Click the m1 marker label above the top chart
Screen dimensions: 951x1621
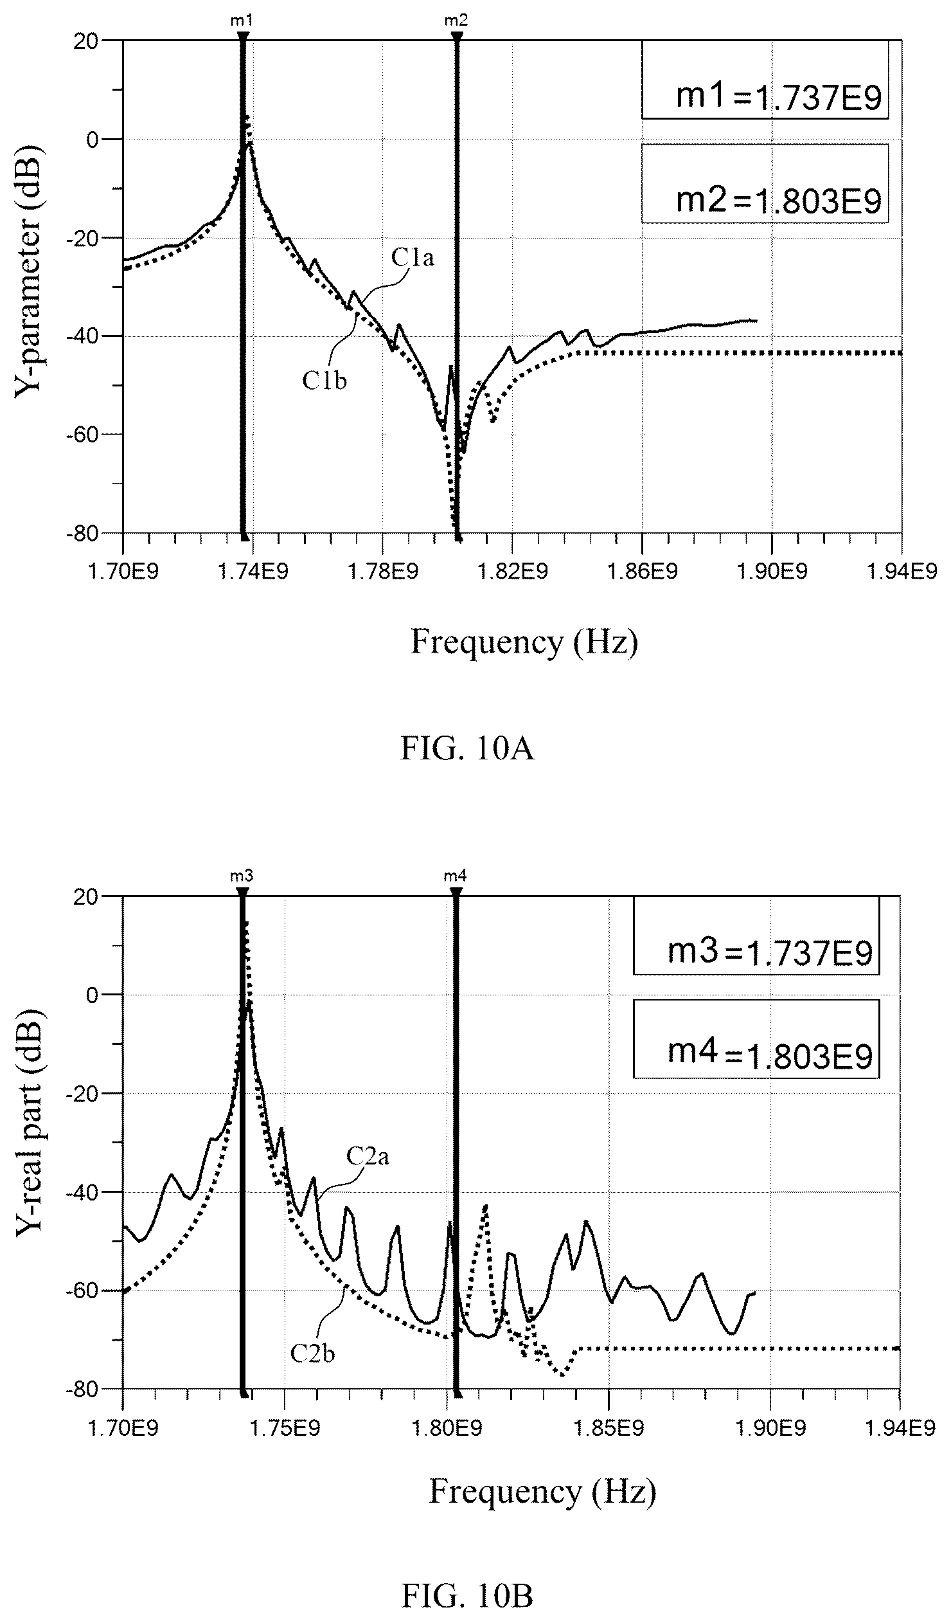pos(242,21)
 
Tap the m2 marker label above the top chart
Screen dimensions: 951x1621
pos(456,21)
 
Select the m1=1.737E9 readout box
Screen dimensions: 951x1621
pos(765,80)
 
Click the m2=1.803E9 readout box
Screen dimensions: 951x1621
pos(765,183)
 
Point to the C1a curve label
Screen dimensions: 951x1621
pos(412,258)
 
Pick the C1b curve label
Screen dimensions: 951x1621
pos(324,381)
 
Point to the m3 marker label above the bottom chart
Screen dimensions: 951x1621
pos(242,876)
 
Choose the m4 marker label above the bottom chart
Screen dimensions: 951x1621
pos(455,876)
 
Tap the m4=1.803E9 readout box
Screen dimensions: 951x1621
pos(756,1038)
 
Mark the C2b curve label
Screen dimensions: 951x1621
pos(312,1354)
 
